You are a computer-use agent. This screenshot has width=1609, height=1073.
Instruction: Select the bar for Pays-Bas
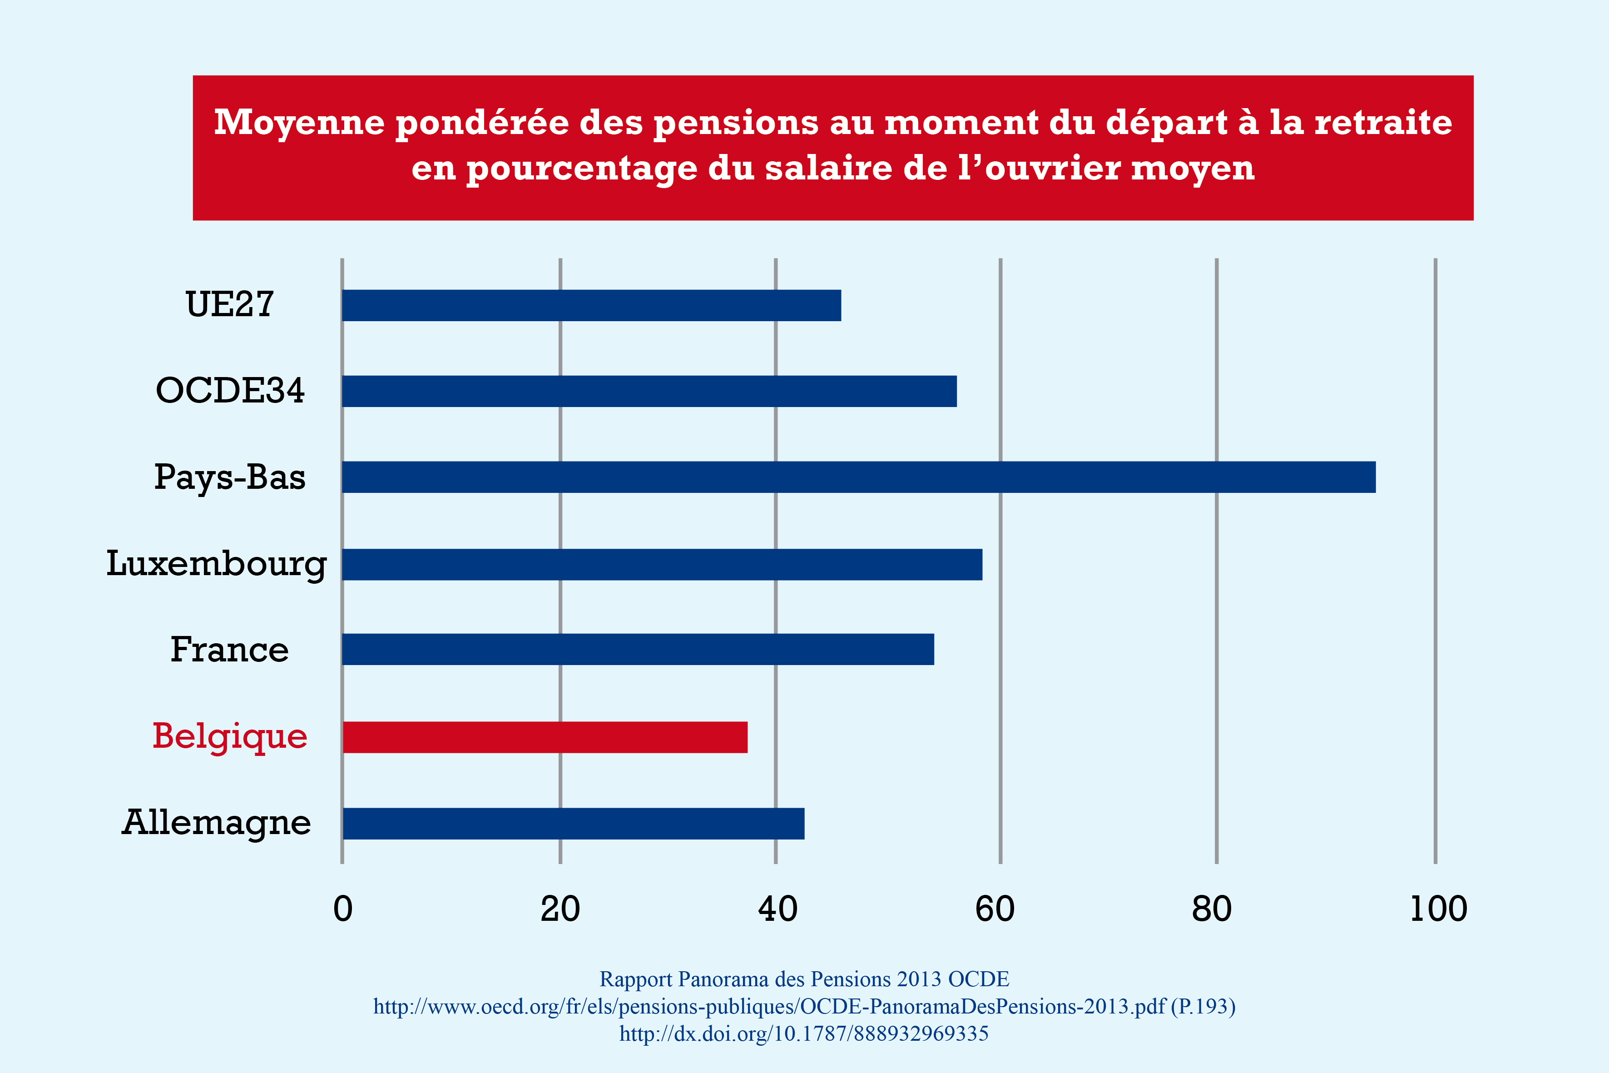pyautogui.click(x=859, y=477)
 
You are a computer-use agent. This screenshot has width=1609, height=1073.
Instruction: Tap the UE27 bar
pyautogui.click(x=591, y=305)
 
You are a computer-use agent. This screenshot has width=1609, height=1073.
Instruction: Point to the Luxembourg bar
pyautogui.click(x=662, y=565)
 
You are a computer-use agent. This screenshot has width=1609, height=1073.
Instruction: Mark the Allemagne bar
pyautogui.click(x=573, y=823)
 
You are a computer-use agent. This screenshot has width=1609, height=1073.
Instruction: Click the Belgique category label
pyautogui.click(x=230, y=737)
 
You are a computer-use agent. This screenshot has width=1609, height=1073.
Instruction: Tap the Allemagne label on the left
pyautogui.click(x=216, y=823)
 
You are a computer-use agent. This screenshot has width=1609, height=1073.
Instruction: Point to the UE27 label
pyautogui.click(x=230, y=304)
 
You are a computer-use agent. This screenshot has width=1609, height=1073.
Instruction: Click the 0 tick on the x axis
pyautogui.click(x=343, y=909)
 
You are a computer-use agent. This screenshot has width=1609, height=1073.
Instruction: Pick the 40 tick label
pyautogui.click(x=777, y=909)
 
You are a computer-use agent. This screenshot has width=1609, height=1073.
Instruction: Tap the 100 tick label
pyautogui.click(x=1438, y=909)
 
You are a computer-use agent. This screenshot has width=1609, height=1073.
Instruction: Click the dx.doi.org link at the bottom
pyautogui.click(x=804, y=1033)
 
